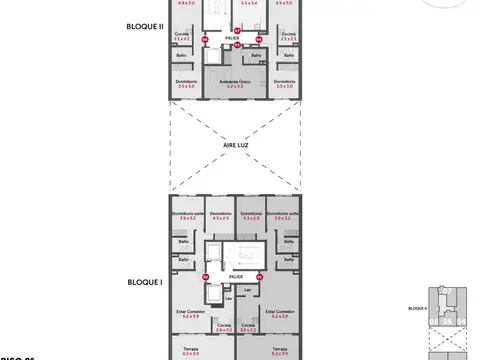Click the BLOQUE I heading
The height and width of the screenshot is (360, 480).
point(131,283)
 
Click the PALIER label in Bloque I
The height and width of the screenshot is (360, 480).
point(236,275)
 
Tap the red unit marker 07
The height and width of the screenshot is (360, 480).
point(206,39)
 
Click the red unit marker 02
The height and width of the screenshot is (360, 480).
point(206,276)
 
